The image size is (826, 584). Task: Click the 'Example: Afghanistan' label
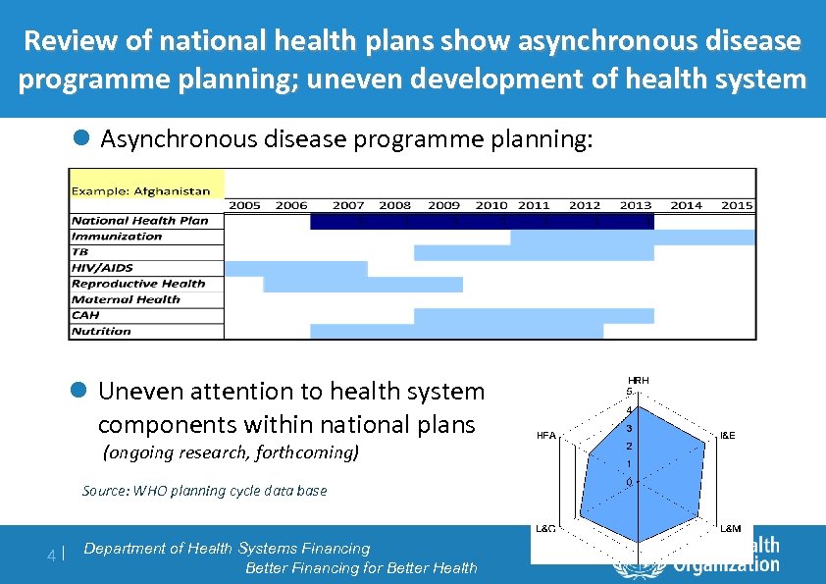(x=140, y=190)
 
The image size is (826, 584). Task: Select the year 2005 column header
(x=244, y=205)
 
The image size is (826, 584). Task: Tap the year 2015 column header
(x=736, y=205)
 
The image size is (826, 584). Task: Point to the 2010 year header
(x=491, y=205)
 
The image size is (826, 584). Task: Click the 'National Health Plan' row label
(x=139, y=221)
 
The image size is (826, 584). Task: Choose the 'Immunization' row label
(x=117, y=237)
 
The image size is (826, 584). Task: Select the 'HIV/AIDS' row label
(x=102, y=268)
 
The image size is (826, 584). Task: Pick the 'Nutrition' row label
(x=101, y=331)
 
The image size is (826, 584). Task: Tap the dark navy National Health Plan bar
(x=482, y=222)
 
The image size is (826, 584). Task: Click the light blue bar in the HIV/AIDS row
(x=296, y=268)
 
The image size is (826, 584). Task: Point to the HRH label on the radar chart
(x=638, y=380)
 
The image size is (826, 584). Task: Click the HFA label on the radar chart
(x=547, y=434)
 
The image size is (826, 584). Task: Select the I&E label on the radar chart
(x=728, y=434)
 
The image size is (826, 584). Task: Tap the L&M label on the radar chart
(x=731, y=529)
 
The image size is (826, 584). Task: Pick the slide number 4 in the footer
(x=52, y=556)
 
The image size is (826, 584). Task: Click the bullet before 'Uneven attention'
(x=82, y=391)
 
